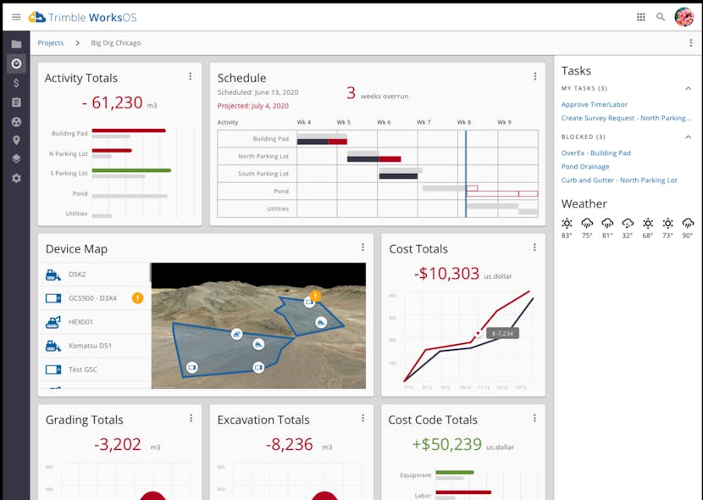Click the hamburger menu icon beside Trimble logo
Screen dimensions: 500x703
(x=16, y=17)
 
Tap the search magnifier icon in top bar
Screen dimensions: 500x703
(x=661, y=17)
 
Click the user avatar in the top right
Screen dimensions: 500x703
(x=684, y=17)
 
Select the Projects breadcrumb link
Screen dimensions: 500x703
(x=51, y=43)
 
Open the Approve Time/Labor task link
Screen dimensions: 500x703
(x=595, y=104)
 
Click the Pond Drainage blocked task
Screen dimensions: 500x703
(x=585, y=167)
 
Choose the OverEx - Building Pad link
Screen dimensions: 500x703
(x=596, y=153)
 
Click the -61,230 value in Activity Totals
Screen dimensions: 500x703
(x=113, y=103)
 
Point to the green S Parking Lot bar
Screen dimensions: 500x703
(x=131, y=170)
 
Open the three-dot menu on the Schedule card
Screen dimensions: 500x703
(x=534, y=77)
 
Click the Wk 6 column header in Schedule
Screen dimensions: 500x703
(x=384, y=123)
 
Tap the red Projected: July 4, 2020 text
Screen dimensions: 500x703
(x=252, y=106)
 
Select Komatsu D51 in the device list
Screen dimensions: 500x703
(x=91, y=346)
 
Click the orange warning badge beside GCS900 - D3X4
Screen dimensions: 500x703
(x=138, y=298)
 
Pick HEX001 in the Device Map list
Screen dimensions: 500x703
(x=80, y=322)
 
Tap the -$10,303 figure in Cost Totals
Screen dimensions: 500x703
(x=446, y=273)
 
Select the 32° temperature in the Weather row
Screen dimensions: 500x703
(x=628, y=236)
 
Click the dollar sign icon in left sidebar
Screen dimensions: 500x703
(x=16, y=83)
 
